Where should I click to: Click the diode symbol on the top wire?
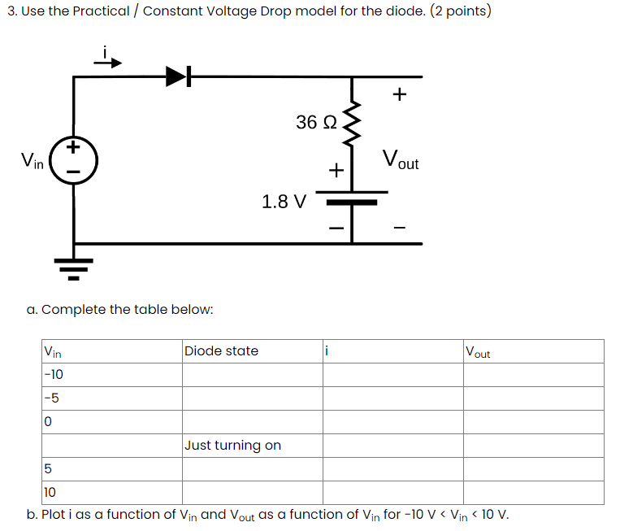click(178, 77)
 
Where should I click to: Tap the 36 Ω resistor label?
click(315, 123)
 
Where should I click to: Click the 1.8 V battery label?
click(284, 201)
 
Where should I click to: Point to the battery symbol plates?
click(351, 198)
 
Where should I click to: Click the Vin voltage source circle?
click(74, 159)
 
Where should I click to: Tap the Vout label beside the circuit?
click(400, 159)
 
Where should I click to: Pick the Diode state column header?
click(221, 351)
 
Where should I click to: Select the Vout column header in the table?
click(478, 352)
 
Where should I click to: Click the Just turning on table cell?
click(232, 445)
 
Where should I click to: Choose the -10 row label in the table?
click(54, 375)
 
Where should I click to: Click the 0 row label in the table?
click(48, 422)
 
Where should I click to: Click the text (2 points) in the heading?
click(460, 11)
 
